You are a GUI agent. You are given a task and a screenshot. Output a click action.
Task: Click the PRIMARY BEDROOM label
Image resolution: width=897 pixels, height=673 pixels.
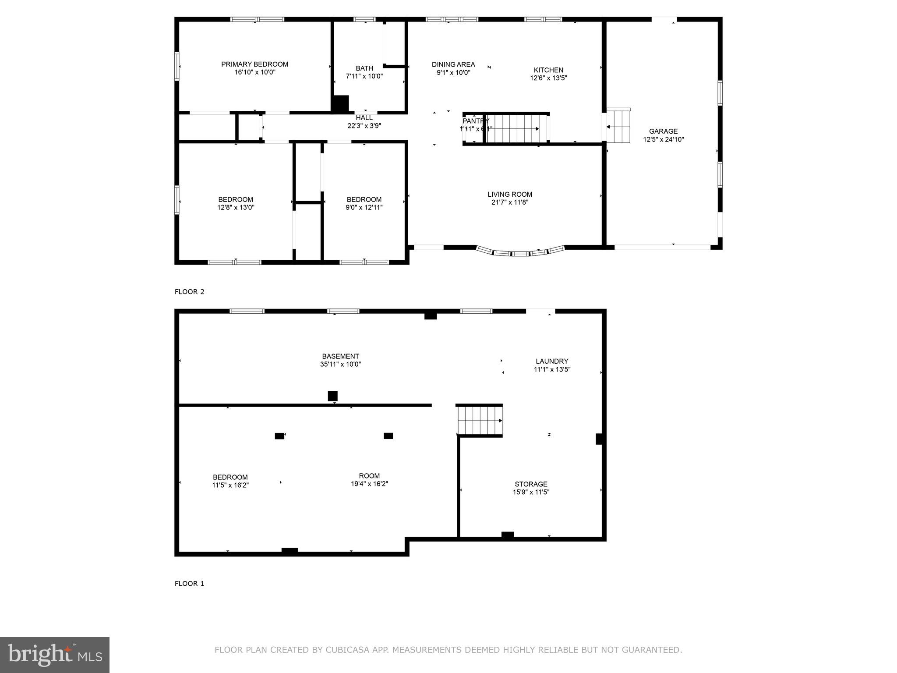254,64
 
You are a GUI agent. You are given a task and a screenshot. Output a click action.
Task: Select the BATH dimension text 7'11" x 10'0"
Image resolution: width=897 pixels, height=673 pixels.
364,76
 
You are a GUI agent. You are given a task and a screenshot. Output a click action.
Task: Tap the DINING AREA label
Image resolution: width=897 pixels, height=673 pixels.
453,64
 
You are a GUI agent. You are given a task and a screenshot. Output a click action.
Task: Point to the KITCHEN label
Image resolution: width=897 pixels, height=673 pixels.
548,70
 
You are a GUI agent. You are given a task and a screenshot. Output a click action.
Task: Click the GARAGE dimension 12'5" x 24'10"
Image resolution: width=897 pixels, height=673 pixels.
663,140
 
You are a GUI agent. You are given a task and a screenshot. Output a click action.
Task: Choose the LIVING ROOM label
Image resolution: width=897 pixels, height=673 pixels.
510,195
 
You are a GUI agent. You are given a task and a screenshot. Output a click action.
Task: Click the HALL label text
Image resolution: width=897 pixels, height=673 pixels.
364,118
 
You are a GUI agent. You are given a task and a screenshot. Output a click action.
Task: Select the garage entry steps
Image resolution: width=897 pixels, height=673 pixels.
618,126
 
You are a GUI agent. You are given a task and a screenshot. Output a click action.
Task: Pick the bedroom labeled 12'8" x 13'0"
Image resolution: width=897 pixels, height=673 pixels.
236,203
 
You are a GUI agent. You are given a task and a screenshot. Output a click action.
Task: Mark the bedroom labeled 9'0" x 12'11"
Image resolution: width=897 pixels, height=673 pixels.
364,203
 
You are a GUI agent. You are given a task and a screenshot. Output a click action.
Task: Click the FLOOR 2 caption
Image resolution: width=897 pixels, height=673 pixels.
189,292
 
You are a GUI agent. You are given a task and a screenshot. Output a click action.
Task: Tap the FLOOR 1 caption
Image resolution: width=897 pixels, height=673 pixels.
189,584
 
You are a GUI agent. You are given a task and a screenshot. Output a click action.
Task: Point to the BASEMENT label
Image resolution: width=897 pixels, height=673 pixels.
340,357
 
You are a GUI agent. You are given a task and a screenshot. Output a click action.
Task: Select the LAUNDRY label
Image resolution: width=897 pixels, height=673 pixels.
552,361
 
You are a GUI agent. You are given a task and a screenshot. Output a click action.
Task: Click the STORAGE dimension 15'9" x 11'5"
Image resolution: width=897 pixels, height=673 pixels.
531,492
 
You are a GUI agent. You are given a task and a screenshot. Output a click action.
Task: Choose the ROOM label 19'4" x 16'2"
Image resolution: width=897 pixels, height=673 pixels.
369,476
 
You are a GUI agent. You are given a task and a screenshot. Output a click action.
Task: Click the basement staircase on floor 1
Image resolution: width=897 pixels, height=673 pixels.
480,421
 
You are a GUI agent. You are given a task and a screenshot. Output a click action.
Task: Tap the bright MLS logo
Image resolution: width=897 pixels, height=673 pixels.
55,655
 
